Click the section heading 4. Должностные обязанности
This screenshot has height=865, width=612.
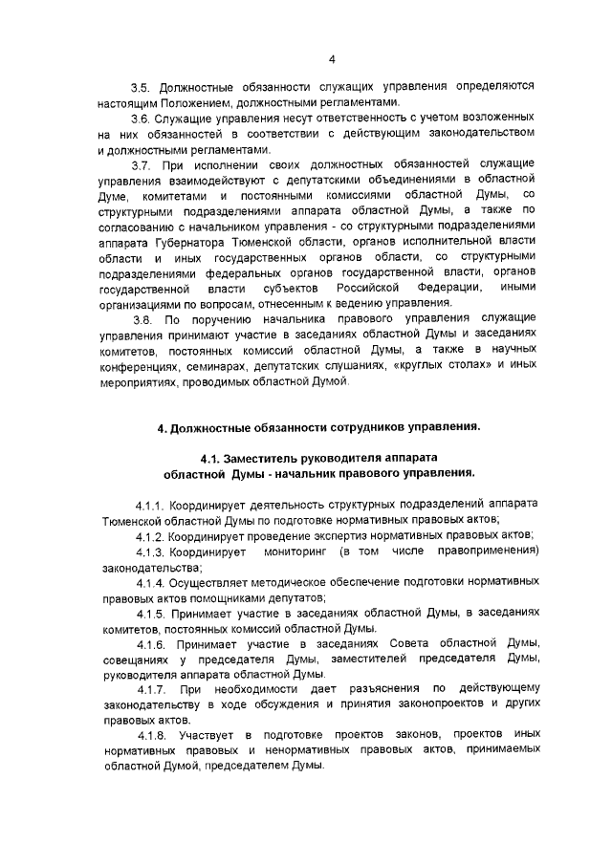tap(320, 428)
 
